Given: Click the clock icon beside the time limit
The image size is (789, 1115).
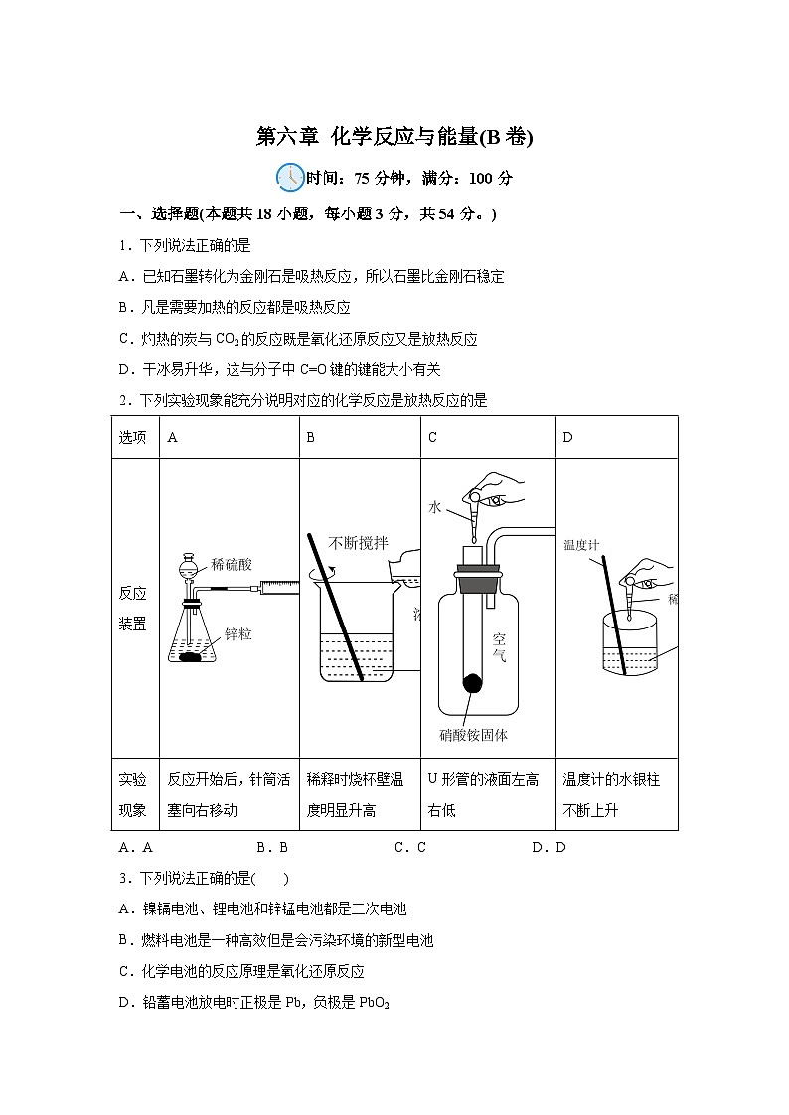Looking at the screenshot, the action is point(290,177).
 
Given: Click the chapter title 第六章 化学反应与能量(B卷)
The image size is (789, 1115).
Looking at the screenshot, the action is point(394,138).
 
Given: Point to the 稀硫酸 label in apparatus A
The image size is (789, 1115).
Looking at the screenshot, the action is point(232,564).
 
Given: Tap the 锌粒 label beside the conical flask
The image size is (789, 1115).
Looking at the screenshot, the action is point(237,633).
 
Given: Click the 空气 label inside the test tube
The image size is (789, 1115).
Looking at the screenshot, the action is point(499,647).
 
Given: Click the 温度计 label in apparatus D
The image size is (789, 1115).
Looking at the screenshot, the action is point(581,544).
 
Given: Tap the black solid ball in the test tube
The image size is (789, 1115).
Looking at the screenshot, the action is point(474,683).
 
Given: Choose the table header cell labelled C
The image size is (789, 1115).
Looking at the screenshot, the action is point(433,437).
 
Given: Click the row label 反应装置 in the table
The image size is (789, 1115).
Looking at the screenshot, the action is point(133,609).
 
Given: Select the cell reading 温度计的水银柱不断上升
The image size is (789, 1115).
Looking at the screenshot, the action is point(611,795).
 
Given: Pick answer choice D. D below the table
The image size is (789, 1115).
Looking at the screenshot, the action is point(549,847).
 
